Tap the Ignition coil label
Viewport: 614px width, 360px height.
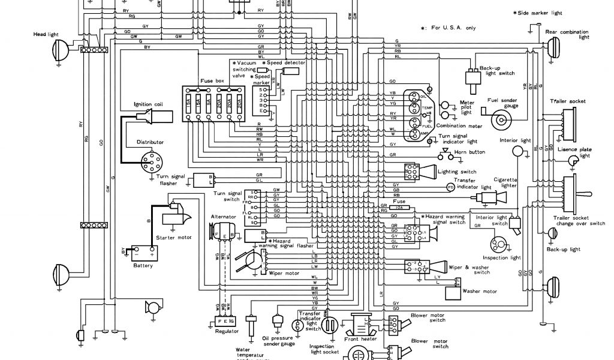coord(149,104)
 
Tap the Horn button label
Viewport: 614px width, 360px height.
coord(470,152)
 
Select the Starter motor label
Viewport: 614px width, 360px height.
coord(174,238)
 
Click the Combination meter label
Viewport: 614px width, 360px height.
coord(459,125)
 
